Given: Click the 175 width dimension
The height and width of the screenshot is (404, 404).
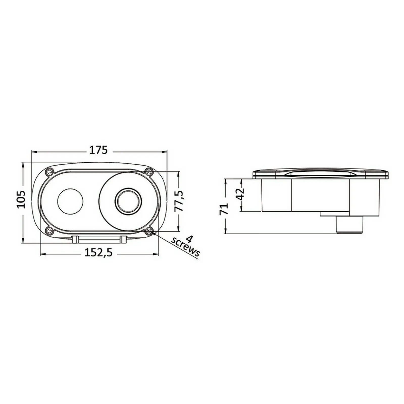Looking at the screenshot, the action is (98, 150).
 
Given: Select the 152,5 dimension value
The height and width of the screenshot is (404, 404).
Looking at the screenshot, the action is (98, 252).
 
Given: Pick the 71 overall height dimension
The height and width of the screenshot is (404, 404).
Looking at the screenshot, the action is (224, 209).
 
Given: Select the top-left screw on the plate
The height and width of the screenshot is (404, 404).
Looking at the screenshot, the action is (49, 172).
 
